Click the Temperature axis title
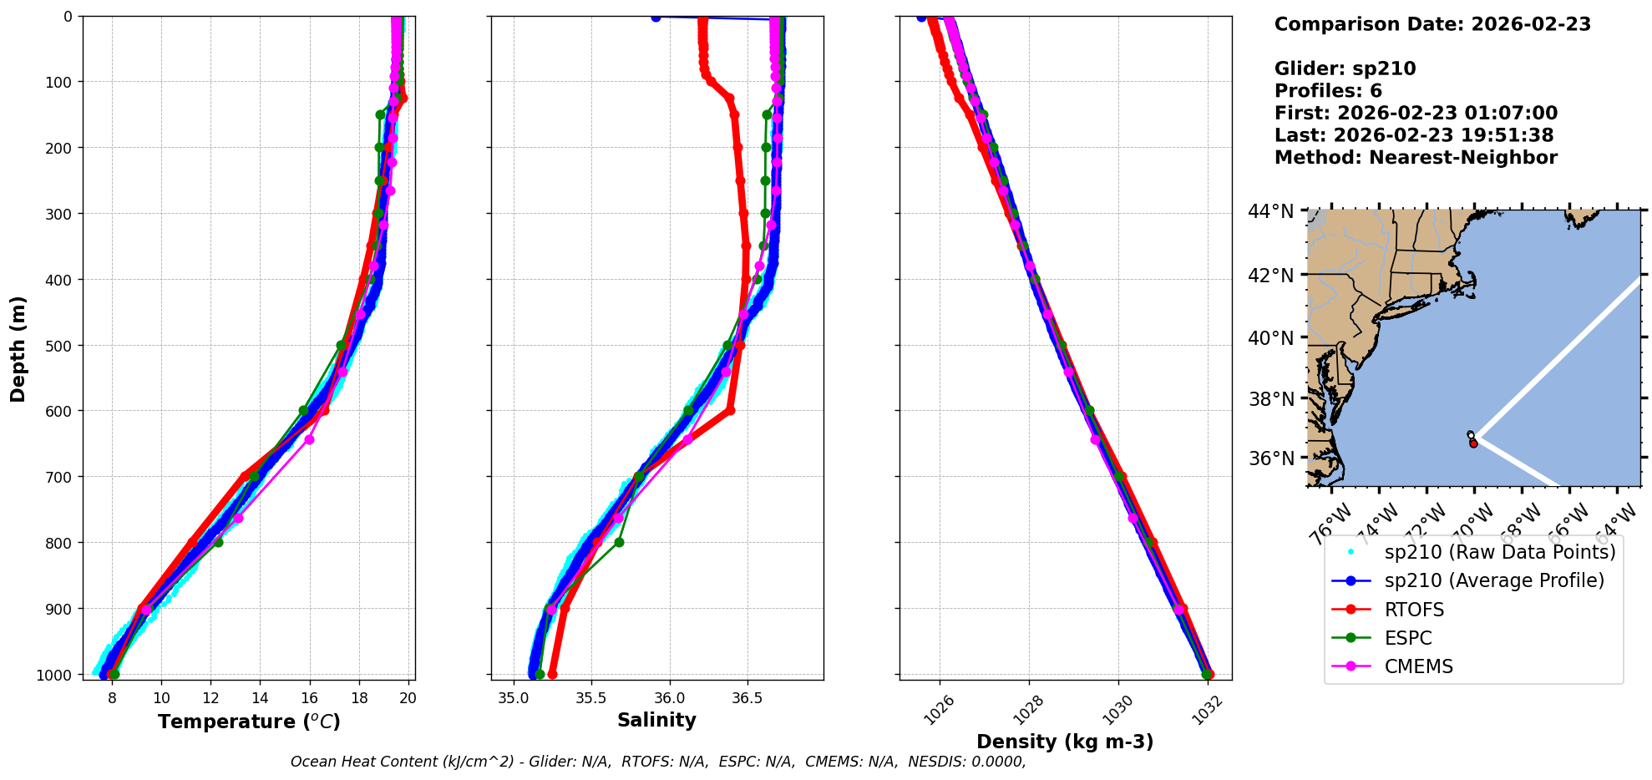(x=249, y=722)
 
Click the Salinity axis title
(x=656, y=720)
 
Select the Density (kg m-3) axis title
(x=1065, y=742)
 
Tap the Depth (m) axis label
(x=18, y=349)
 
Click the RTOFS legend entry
(x=1414, y=610)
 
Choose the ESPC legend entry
(x=1408, y=638)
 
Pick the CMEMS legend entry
(x=1418, y=666)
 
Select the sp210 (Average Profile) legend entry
(x=1494, y=580)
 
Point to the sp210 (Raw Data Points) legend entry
(x=1500, y=552)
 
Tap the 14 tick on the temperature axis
(x=261, y=698)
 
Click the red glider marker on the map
(x=1473, y=443)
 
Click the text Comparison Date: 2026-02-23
(x=1432, y=24)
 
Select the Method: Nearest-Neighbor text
(x=1416, y=157)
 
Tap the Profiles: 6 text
(x=1328, y=91)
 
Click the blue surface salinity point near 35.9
(x=656, y=18)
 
